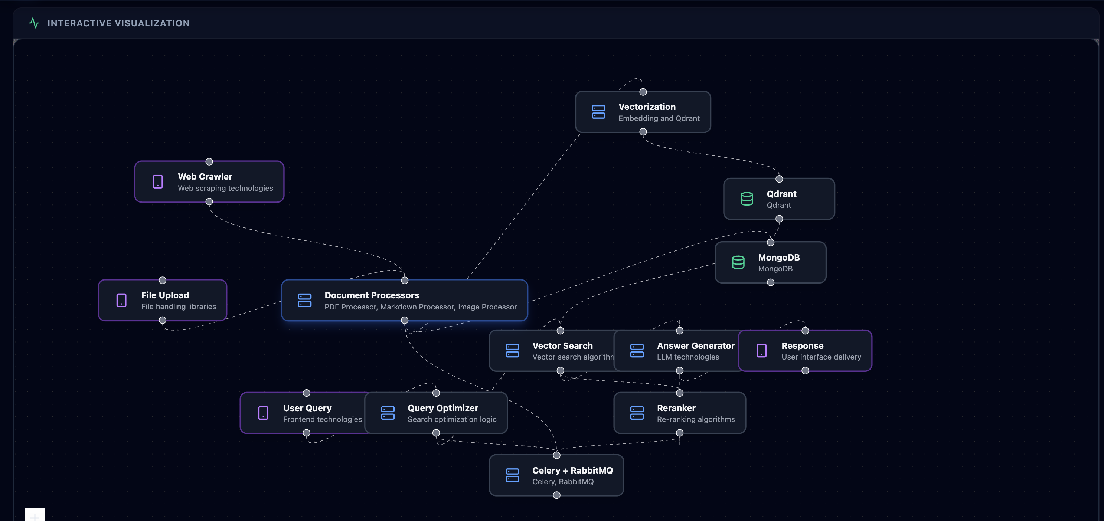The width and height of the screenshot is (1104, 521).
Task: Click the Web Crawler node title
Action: point(205,177)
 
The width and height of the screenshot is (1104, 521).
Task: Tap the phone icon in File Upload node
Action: point(121,300)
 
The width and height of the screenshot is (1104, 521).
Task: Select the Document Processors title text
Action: point(372,295)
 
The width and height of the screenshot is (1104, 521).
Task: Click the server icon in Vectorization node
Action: point(598,112)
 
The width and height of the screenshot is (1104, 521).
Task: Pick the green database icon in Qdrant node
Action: point(747,199)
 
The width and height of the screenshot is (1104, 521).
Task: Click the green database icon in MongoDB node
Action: point(738,262)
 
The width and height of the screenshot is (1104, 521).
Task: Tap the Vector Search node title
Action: point(562,346)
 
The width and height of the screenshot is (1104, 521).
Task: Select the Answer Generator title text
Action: point(696,346)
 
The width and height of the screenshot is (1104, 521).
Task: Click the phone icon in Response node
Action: point(762,350)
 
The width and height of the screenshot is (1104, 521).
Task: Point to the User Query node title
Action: point(307,408)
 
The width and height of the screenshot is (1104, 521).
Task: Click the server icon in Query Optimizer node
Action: point(388,413)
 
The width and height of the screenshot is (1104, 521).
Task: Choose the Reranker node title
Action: point(676,408)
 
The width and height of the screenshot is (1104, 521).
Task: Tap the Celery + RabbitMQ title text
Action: point(572,471)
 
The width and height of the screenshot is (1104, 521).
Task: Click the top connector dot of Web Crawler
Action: point(209,161)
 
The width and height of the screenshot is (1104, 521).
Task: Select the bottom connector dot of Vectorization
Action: point(643,131)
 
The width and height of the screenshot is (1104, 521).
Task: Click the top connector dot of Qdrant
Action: point(779,178)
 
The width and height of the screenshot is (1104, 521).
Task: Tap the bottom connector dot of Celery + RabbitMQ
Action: point(557,495)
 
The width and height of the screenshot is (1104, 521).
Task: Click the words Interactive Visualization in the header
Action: point(118,23)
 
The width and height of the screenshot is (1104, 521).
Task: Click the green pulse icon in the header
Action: point(34,23)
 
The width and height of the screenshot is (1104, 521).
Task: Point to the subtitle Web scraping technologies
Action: point(225,188)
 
